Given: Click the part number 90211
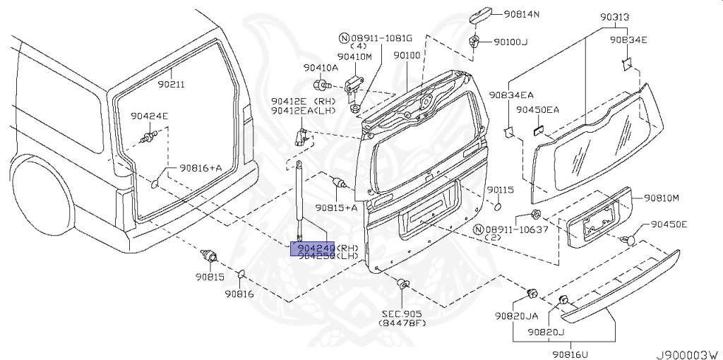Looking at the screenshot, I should click(x=171, y=85).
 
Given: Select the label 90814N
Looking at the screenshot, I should click(x=521, y=14).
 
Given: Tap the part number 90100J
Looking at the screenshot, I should click(x=510, y=42).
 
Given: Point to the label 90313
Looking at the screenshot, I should click(x=615, y=17).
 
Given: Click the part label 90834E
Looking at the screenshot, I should click(x=629, y=40).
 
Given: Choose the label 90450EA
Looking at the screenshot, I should click(x=537, y=109).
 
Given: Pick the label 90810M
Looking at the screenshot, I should click(x=660, y=198).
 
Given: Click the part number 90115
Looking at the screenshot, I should click(x=500, y=190).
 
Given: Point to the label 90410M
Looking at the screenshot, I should click(x=354, y=56).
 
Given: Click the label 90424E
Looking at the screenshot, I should click(x=149, y=116).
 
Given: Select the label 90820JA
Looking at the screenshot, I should click(x=516, y=316).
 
